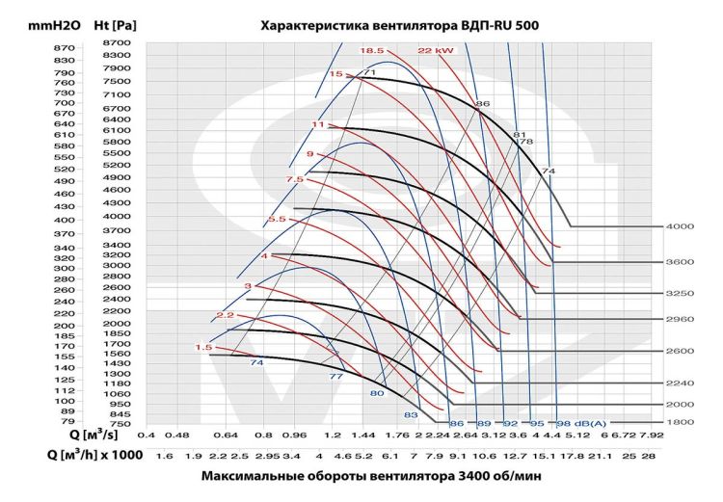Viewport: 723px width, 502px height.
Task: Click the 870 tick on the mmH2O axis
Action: (37, 48)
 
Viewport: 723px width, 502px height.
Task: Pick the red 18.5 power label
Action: (372, 50)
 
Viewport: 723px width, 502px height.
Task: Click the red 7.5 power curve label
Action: (294, 179)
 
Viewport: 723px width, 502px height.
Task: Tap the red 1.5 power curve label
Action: (203, 348)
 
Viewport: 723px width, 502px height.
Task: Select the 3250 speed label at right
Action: (680, 293)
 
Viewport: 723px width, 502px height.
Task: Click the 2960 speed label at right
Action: (680, 319)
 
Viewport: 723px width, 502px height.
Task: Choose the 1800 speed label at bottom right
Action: (680, 422)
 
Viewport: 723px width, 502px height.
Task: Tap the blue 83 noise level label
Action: (410, 414)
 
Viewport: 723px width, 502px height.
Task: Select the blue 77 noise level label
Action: (336, 377)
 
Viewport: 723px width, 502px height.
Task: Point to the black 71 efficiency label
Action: (368, 73)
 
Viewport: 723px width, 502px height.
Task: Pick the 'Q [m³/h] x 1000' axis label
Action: (88, 455)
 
